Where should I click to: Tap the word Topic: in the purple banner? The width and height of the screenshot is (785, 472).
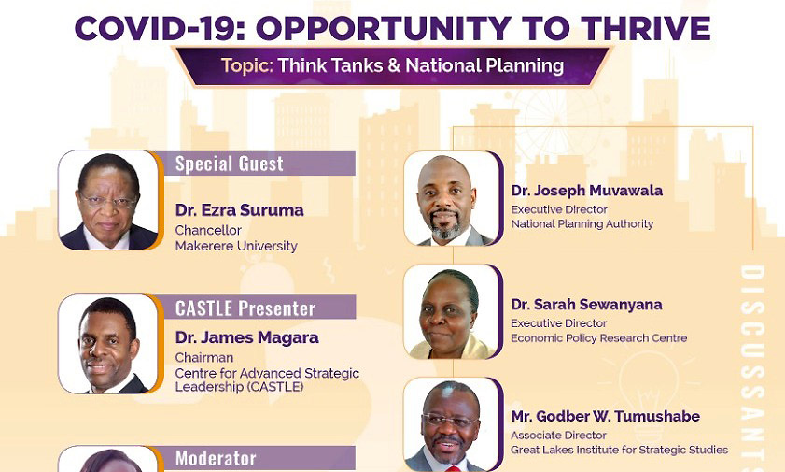247,65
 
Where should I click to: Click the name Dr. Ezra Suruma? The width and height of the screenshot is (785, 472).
239,210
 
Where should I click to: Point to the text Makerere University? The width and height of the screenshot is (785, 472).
236,246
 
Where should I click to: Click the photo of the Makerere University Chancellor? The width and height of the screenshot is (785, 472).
108,200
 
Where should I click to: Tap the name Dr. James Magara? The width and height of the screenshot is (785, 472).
246,337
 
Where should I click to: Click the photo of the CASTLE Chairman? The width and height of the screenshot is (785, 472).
108,344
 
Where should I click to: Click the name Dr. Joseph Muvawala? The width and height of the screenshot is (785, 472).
587,191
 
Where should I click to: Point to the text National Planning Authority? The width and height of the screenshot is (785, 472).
582,224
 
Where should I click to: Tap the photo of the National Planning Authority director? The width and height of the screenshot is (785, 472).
452,199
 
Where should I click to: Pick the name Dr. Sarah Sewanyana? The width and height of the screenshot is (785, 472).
586,305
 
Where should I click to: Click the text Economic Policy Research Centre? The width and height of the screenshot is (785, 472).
598,338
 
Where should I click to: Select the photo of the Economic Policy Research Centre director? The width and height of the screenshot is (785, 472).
452,312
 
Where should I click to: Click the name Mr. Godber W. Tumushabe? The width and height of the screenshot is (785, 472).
605,416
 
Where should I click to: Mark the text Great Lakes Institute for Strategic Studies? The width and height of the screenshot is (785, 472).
619,450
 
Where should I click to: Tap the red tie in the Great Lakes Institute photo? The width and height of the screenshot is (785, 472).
451,469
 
